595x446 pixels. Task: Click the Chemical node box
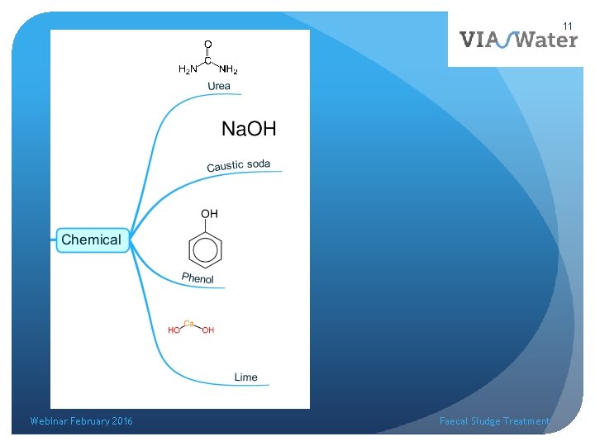tap(91, 240)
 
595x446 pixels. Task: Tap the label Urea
tap(219, 86)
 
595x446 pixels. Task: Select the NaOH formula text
tap(249, 128)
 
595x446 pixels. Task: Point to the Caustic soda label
tap(238, 165)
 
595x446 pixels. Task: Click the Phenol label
tap(198, 278)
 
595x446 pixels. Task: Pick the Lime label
tap(245, 377)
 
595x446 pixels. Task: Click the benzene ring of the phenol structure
tap(206, 249)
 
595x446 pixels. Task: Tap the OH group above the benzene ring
tap(209, 214)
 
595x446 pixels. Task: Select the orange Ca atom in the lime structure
tap(188, 324)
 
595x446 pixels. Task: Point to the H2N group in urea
tap(188, 69)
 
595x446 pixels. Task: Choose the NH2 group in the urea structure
tap(229, 69)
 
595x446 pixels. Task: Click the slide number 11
tap(569, 26)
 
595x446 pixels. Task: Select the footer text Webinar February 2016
tap(81, 421)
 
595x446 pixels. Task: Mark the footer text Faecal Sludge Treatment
tap(494, 421)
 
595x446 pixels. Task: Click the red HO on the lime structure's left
tap(174, 330)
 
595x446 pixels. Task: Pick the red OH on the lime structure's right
tap(208, 330)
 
